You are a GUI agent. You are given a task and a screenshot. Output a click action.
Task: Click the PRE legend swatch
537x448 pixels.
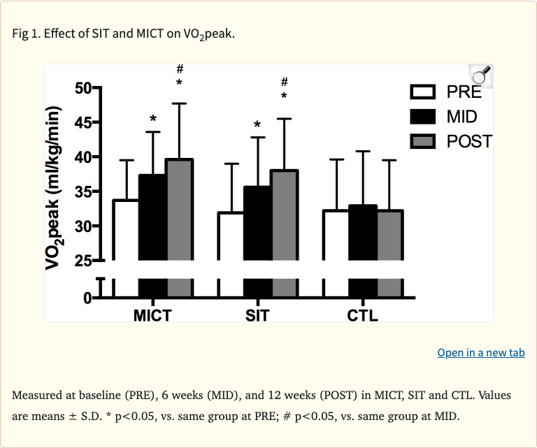pyautogui.click(x=422, y=92)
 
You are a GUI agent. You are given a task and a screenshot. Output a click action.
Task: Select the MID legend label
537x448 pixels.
pyautogui.click(x=462, y=116)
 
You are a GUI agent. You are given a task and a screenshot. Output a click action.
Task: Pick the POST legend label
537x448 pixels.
pyautogui.click(x=469, y=140)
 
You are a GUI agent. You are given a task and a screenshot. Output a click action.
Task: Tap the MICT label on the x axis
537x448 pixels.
pyautogui.click(x=152, y=315)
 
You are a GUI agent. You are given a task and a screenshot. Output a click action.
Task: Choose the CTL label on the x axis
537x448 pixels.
pyautogui.click(x=363, y=315)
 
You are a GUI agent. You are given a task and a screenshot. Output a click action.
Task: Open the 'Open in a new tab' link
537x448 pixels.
pyautogui.click(x=480, y=352)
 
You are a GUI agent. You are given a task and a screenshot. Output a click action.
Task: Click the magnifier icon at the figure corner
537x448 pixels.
pyautogui.click(x=482, y=75)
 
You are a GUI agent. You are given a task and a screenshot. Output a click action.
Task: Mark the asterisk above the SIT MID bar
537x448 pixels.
pyautogui.click(x=257, y=126)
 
